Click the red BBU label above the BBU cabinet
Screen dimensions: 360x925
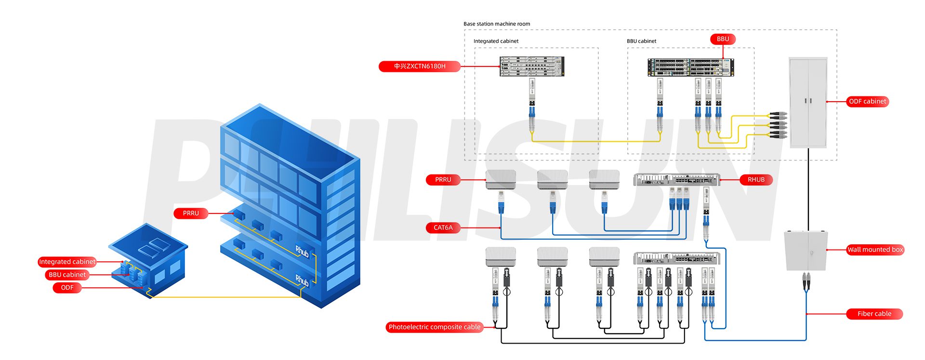[723, 39]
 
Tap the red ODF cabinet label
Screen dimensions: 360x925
[867, 102]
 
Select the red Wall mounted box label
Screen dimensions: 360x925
[875, 250]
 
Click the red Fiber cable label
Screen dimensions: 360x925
[874, 314]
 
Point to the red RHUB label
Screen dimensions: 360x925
[756, 180]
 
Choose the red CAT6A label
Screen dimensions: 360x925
[443, 227]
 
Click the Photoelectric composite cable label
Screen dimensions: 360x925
[435, 327]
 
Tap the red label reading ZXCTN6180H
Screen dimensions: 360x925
[419, 67]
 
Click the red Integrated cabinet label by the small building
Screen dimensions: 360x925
[67, 262]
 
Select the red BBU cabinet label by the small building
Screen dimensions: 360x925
[67, 275]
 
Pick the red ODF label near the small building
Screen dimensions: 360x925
[67, 288]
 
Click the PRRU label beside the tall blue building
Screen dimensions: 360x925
[191, 213]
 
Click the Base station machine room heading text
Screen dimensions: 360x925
[496, 24]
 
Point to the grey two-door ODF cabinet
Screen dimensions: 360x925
[808, 102]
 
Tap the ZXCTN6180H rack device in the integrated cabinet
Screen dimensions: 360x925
[531, 67]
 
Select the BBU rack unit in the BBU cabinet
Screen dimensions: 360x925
[690, 67]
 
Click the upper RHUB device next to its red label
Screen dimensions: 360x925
[676, 179]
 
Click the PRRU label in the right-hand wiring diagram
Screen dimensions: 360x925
[443, 180]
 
